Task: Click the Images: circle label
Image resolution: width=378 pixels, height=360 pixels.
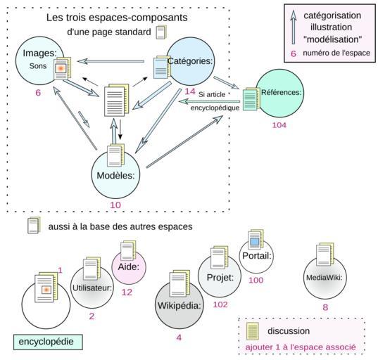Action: [39, 53]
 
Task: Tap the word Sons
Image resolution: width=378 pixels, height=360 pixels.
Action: [38, 66]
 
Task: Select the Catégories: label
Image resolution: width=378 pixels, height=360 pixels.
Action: [190, 61]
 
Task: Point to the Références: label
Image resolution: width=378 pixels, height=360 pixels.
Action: [282, 92]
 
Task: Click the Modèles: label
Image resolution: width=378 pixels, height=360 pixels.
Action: [115, 175]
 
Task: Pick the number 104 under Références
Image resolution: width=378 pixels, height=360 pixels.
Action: [279, 125]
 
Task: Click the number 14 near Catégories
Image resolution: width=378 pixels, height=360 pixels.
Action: [190, 91]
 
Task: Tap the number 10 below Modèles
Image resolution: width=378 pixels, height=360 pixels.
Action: [115, 205]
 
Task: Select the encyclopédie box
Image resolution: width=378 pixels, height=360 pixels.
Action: [48, 342]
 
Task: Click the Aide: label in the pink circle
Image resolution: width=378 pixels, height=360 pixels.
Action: [129, 266]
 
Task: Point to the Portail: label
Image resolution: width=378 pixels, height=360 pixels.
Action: [257, 255]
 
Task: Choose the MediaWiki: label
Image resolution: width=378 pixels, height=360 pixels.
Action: [325, 278]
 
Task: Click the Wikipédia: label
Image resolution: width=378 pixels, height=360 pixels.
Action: [179, 306]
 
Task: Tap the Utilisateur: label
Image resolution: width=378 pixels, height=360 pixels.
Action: [92, 288]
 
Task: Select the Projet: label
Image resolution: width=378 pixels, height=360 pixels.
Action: [220, 278]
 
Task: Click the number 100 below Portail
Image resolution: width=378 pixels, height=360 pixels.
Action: [256, 280]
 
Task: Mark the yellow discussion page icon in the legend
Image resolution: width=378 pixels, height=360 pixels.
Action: [252, 331]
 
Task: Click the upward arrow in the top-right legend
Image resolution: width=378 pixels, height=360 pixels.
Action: [293, 27]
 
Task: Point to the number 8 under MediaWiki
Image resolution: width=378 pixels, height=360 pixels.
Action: [325, 307]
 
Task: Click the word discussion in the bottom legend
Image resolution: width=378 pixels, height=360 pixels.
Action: [289, 331]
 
